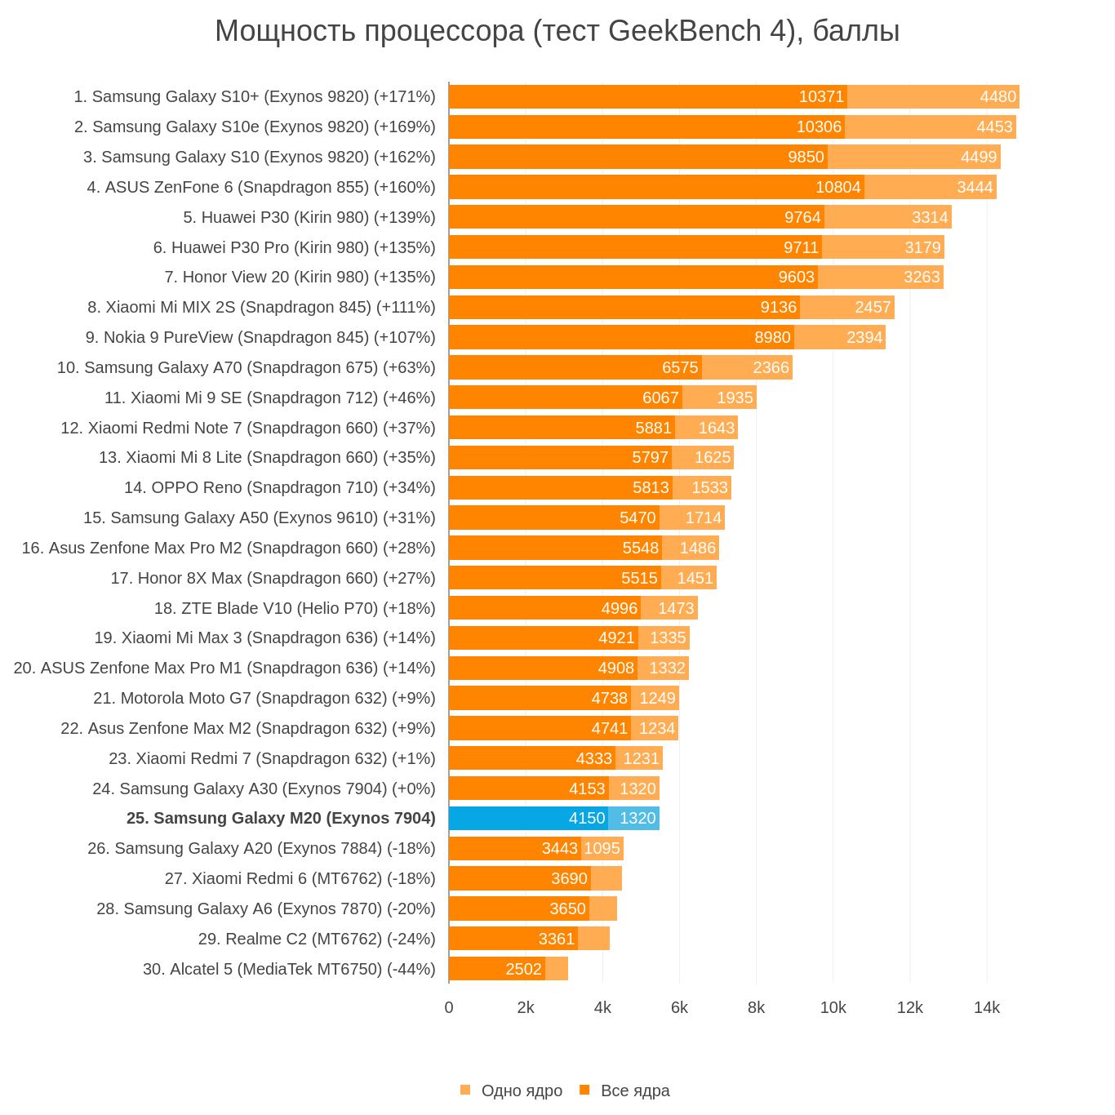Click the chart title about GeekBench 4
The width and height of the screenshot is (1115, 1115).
pos(557,31)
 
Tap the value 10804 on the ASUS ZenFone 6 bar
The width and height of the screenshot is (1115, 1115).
pos(837,187)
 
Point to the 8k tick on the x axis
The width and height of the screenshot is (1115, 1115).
pos(756,1007)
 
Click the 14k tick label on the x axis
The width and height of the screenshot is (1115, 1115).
pos(986,1007)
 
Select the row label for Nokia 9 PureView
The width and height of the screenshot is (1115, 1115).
pos(260,337)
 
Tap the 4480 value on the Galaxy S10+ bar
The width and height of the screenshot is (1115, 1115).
pos(997,96)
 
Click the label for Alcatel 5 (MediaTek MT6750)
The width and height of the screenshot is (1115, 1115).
pos(289,969)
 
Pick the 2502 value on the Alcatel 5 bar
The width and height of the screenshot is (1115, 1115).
pos(523,969)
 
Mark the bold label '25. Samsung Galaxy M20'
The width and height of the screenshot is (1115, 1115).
pos(281,818)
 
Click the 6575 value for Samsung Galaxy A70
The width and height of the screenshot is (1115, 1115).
pos(680,367)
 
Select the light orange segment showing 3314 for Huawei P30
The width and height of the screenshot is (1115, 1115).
pos(888,217)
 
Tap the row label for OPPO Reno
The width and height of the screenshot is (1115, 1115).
pos(279,487)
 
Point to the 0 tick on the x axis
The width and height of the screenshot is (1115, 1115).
pos(449,1007)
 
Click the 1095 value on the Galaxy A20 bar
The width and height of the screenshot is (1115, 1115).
pos(602,848)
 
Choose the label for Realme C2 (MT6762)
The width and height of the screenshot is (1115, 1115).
pos(317,939)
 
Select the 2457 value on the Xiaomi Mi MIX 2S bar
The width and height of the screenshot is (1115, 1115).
pos(873,307)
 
